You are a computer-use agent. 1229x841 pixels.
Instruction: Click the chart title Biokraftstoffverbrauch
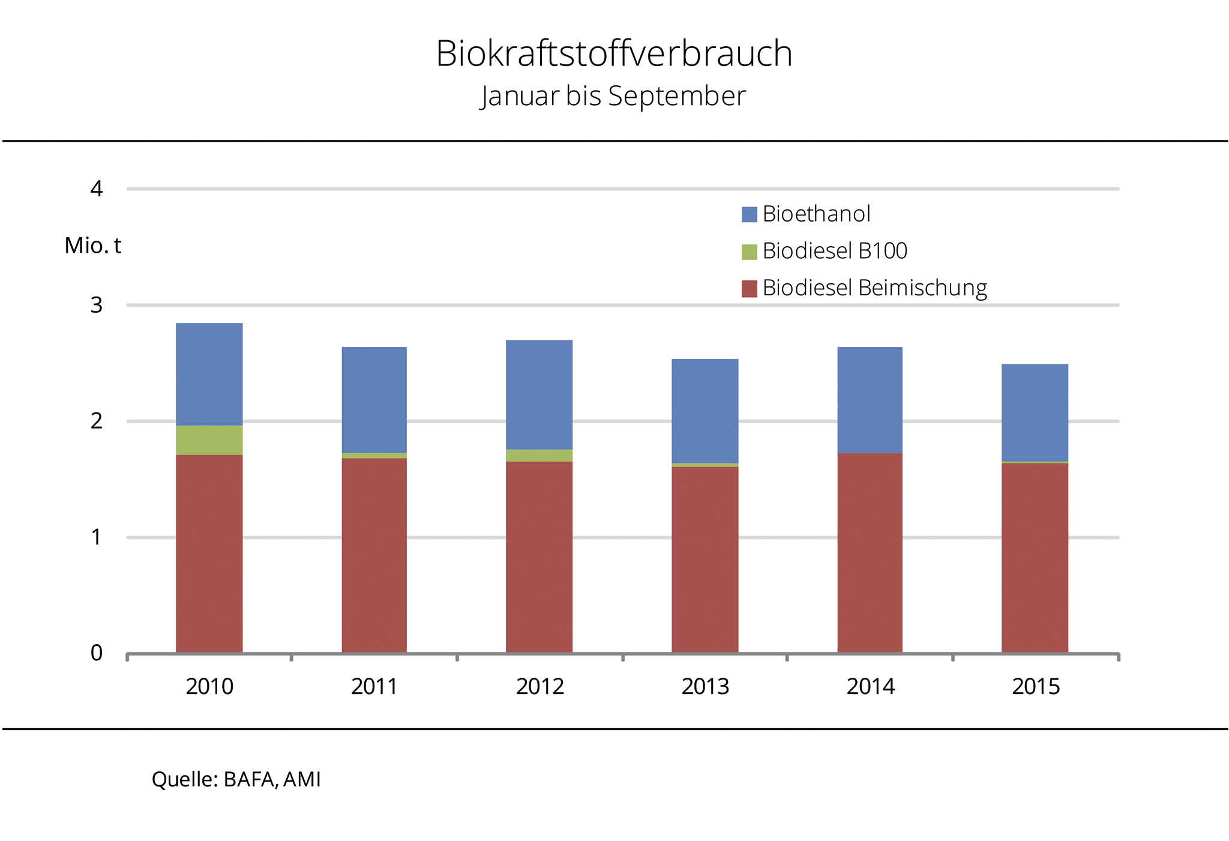coord(614,53)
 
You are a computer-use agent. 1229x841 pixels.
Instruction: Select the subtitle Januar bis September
coord(613,96)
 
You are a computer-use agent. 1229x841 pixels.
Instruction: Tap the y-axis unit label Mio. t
coord(92,246)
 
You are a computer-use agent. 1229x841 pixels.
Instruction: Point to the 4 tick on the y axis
coord(97,189)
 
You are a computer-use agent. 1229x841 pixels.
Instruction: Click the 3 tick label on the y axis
coord(97,305)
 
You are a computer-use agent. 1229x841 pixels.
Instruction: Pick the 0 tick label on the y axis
coord(97,653)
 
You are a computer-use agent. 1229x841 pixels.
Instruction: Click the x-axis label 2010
coord(209,686)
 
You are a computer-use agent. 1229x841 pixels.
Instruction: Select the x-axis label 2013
coord(705,686)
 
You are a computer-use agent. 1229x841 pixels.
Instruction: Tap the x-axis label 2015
coord(1035,686)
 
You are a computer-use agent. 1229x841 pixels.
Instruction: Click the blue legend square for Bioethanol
coord(749,214)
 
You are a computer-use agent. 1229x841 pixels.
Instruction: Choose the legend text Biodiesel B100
coord(834,251)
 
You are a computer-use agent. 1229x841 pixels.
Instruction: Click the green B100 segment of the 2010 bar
coord(209,440)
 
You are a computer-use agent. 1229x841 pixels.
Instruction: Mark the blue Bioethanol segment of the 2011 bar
coord(374,400)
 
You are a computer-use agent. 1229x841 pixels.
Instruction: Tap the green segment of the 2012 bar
coord(539,456)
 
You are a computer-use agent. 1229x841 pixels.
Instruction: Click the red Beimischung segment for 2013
coord(705,558)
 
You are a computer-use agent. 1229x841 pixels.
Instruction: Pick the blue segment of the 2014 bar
coord(870,400)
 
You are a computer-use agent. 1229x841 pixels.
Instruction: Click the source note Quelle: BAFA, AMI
coord(236,779)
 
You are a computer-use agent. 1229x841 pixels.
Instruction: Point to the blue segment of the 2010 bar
coord(209,374)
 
